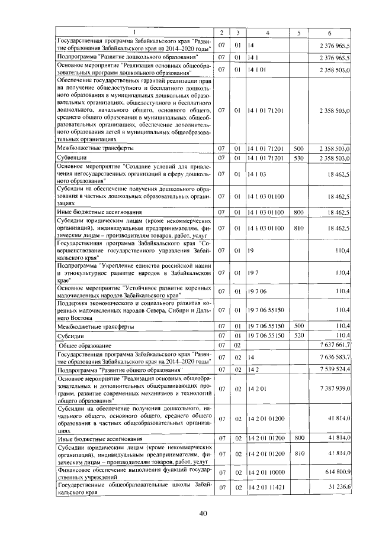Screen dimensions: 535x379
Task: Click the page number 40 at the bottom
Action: click(x=203, y=513)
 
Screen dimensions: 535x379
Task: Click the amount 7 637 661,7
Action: click(x=336, y=345)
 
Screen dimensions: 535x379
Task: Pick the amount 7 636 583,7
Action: click(x=336, y=357)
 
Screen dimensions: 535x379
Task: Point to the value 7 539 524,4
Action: click(x=336, y=369)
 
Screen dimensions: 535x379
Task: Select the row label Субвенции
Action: click(x=71, y=158)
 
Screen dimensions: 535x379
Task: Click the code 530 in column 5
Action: click(x=298, y=158)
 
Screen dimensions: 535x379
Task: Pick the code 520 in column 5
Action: click(x=298, y=335)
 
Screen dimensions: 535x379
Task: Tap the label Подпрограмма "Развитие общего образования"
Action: click(x=104, y=369)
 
